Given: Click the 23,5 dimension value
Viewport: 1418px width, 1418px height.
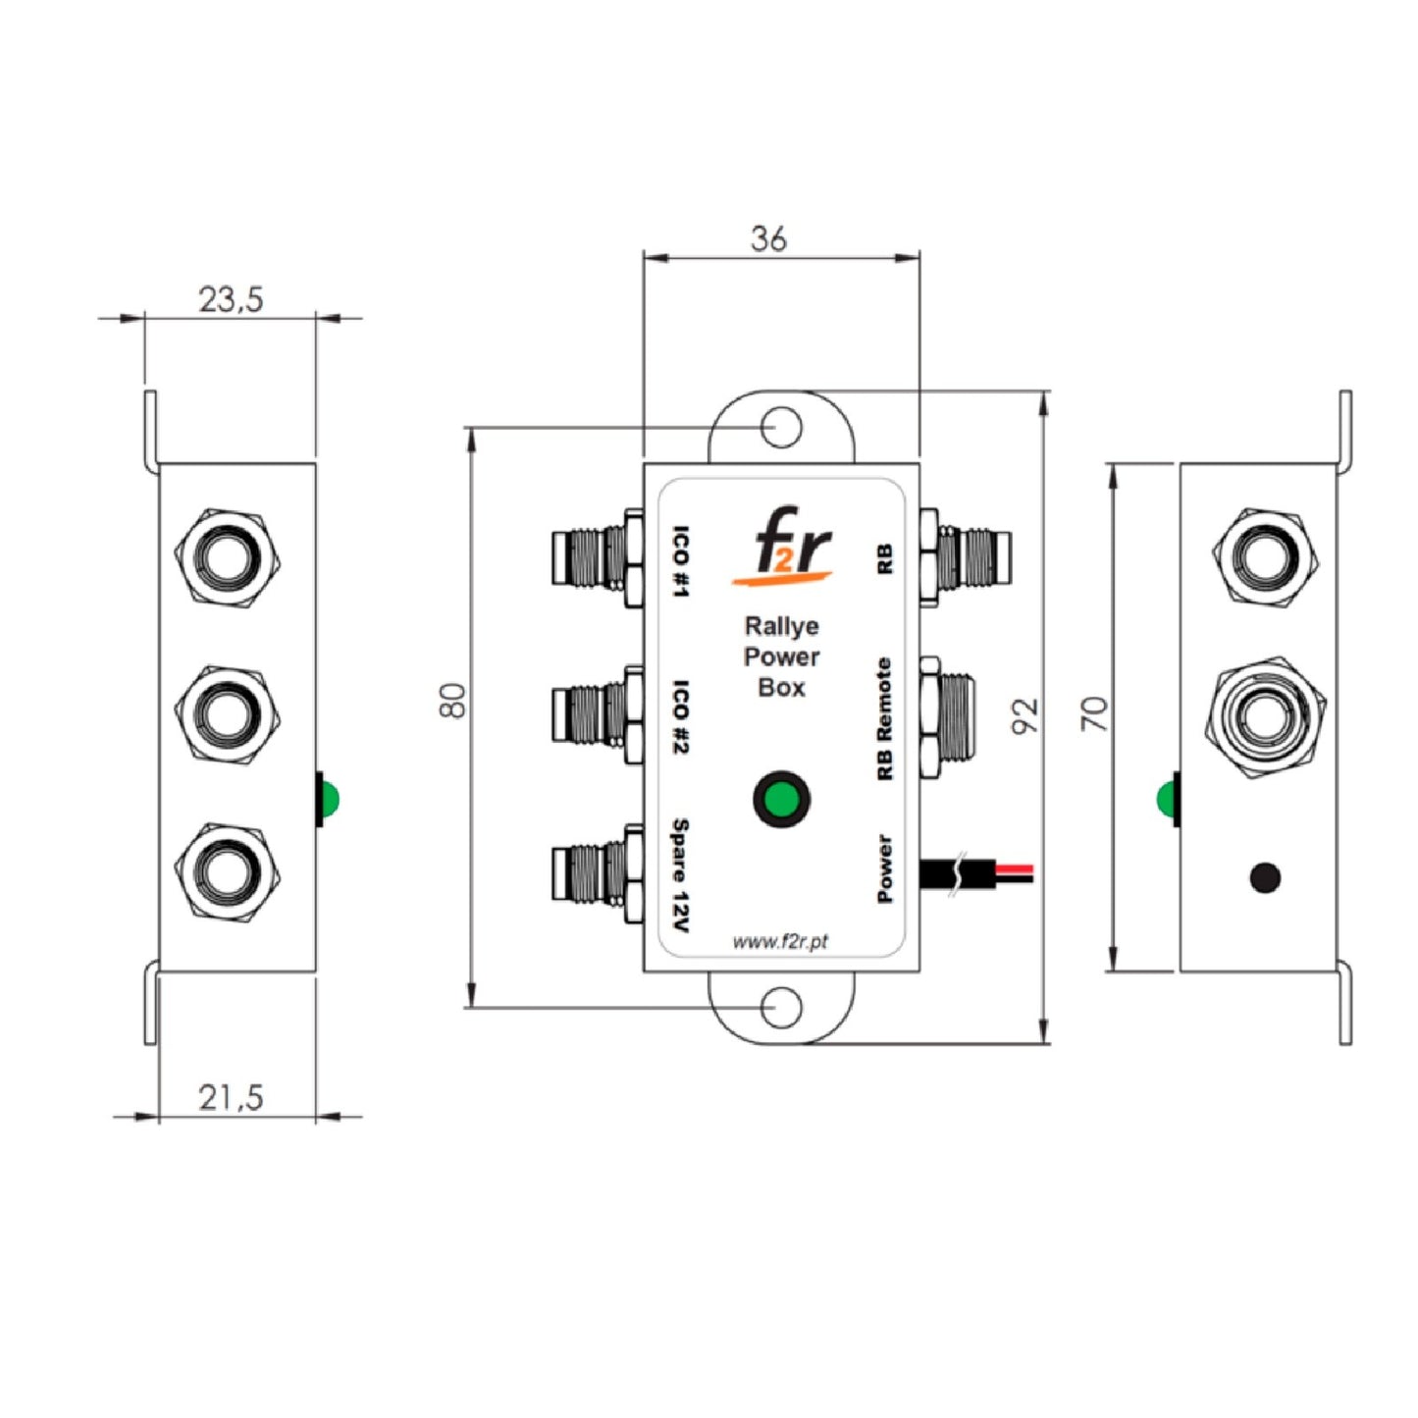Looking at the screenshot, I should [x=231, y=298].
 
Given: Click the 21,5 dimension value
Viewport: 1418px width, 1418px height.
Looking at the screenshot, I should [x=231, y=1096].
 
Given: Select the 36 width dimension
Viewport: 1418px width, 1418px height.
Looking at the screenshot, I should [x=768, y=238].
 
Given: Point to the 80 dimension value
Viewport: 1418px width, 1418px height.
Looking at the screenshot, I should [x=452, y=700].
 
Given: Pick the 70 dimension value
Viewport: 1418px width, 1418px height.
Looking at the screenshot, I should [x=1094, y=713].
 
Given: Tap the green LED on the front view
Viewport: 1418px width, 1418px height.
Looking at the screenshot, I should [x=781, y=799].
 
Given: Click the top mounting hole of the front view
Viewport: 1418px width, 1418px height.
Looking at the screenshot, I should [x=781, y=428].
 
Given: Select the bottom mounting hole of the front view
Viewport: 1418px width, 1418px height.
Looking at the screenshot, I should [x=781, y=1008].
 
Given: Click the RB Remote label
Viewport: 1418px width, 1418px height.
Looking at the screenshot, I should [x=884, y=719].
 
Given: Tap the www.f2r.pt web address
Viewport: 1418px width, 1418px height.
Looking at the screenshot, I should [x=780, y=942].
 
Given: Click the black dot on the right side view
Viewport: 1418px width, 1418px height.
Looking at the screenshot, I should [x=1265, y=876].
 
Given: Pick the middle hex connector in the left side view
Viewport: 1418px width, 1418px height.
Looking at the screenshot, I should [x=228, y=713].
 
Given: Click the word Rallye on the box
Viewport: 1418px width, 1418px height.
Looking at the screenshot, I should [x=781, y=626].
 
